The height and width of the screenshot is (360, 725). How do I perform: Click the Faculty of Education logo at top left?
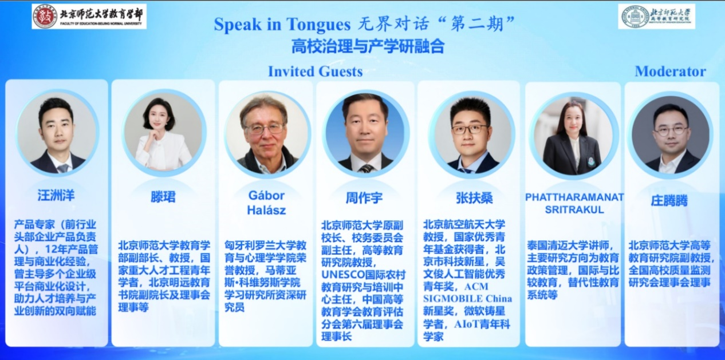coord(89,16)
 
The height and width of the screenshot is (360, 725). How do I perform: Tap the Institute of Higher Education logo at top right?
coord(656,17)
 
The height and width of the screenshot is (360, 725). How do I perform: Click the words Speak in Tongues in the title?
coord(281,25)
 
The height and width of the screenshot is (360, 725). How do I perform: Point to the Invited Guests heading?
coord(315,72)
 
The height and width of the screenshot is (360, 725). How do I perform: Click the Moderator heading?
coord(670,72)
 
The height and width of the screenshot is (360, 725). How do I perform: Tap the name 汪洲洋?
coord(56,196)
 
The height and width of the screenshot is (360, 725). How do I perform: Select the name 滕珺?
coord(163,197)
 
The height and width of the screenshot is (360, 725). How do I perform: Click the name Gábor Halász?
coord(266,203)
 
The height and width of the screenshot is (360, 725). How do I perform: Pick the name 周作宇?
coord(364,198)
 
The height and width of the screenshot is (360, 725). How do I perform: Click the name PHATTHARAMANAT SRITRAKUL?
coord(574,203)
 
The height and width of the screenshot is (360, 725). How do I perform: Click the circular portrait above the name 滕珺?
coord(163,133)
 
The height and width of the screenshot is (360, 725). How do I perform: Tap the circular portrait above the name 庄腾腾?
coord(669,135)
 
